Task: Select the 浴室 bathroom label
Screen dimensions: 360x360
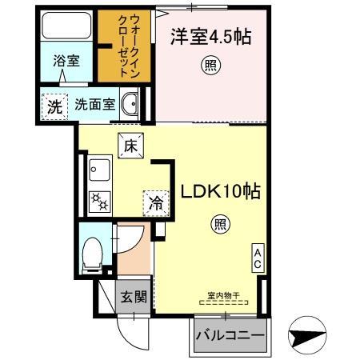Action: click(66, 61)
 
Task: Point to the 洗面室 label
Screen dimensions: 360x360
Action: click(96, 104)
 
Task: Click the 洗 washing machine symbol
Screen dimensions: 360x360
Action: click(53, 104)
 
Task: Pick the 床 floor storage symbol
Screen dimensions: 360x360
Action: click(130, 146)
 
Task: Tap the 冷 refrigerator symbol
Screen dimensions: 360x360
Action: click(154, 203)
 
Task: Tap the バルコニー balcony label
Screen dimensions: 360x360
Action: click(230, 336)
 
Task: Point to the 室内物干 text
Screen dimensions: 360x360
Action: click(223, 296)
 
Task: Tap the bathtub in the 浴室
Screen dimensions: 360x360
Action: click(66, 30)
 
